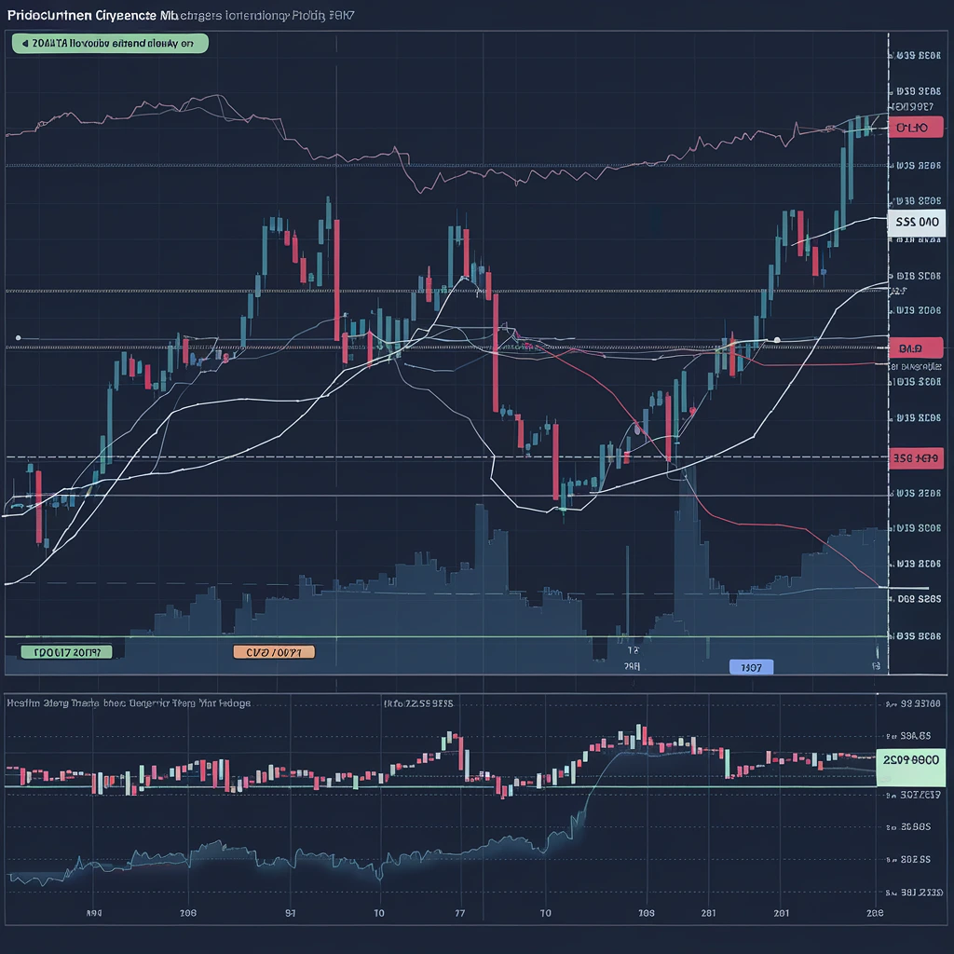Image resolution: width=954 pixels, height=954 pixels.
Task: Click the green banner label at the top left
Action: pos(109,43)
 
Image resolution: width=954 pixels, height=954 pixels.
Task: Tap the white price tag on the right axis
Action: pos(917,223)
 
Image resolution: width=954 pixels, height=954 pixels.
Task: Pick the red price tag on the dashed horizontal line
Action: pos(915,457)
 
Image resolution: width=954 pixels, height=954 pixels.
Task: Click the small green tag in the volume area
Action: pos(65,652)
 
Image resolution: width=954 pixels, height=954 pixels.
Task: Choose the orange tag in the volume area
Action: pos(273,652)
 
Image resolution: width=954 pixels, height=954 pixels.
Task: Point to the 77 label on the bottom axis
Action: pos(459,914)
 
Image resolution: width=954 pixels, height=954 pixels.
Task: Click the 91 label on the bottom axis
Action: pos(290,914)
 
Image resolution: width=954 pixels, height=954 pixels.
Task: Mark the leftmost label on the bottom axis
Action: pos(93,914)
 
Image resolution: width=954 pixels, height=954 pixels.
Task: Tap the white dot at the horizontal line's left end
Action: pos(18,337)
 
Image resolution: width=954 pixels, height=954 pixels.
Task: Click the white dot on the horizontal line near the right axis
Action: pos(777,339)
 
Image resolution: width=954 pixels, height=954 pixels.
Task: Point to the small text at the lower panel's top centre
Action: pos(418,704)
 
